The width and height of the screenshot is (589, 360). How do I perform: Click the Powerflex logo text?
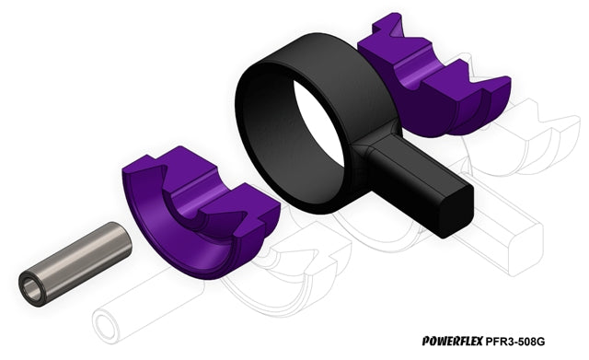[x=452, y=341]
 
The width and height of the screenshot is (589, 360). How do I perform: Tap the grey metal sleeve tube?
[x=75, y=264]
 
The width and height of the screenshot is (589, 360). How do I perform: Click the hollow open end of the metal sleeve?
[x=32, y=290]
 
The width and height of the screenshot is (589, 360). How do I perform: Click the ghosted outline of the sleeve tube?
[x=146, y=305]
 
